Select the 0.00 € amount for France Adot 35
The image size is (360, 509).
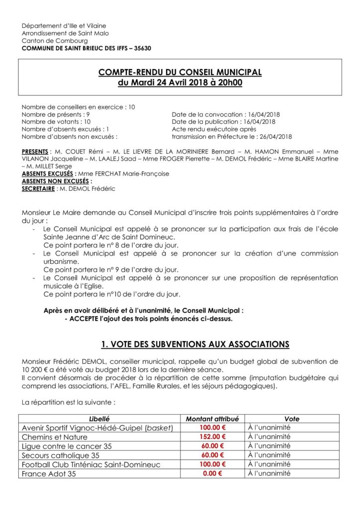pyautogui.click(x=212, y=474)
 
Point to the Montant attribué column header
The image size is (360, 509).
pyautogui.click(x=212, y=419)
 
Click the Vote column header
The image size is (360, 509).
pyautogui.click(x=292, y=419)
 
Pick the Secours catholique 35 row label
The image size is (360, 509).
pyautogui.click(x=61, y=455)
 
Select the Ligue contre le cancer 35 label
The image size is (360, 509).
pyautogui.click(x=67, y=446)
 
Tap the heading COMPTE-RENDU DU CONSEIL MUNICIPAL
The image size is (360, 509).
pyautogui.click(x=180, y=73)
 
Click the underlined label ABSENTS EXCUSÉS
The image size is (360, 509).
pyautogui.click(x=47, y=174)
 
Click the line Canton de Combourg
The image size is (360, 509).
pyautogui.click(x=55, y=41)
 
